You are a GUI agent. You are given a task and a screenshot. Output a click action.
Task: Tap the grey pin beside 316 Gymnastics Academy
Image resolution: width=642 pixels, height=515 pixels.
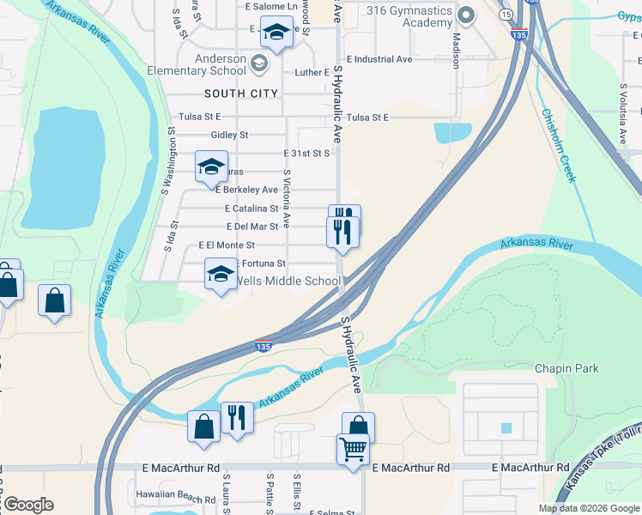(x=467, y=15)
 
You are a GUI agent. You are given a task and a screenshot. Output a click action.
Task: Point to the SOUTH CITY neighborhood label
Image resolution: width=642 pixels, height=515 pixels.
(x=241, y=93)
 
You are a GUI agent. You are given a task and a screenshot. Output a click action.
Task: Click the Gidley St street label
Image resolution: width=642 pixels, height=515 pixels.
(x=229, y=135)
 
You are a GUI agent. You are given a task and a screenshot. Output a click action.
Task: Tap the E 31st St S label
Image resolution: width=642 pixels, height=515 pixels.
(x=307, y=153)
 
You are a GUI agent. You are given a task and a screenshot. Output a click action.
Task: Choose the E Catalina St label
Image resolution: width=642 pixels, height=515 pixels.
(x=251, y=208)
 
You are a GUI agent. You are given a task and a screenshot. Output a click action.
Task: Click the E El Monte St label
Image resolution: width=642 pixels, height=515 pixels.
(x=227, y=245)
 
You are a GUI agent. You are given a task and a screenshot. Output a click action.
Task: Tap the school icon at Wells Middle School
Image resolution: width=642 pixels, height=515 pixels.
(x=220, y=275)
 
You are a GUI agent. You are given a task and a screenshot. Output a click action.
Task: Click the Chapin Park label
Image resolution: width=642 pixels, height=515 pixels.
(x=566, y=368)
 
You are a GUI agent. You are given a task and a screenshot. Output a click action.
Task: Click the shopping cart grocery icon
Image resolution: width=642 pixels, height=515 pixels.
(x=354, y=448)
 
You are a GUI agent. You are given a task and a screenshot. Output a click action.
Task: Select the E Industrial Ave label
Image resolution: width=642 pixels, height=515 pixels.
(x=379, y=59)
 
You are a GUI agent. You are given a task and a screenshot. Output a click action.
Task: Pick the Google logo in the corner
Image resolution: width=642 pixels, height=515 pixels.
(x=27, y=505)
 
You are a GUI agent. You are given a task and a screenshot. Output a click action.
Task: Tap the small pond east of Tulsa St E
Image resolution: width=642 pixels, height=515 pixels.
(x=452, y=132)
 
